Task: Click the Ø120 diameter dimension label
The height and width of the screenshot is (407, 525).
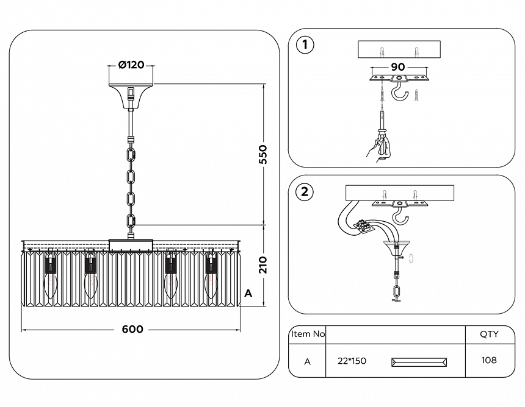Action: [x=131, y=65]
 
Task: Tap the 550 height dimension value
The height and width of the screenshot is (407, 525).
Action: [x=263, y=155]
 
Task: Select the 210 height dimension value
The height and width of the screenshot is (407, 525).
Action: [x=263, y=264]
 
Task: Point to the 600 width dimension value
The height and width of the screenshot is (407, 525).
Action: [x=132, y=330]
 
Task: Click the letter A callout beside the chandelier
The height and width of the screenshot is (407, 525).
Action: [x=248, y=293]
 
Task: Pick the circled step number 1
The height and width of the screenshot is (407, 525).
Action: [x=305, y=46]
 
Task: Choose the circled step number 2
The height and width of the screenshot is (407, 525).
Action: [x=305, y=193]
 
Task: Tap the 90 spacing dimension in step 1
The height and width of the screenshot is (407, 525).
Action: [x=398, y=66]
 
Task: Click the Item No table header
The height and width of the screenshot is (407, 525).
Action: [x=308, y=334]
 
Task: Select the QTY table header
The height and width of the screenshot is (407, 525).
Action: [x=489, y=334]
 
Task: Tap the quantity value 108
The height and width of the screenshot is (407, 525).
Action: [x=489, y=360]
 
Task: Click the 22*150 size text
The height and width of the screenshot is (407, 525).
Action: [x=352, y=361]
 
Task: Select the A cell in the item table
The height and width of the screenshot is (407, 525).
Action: [x=308, y=361]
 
